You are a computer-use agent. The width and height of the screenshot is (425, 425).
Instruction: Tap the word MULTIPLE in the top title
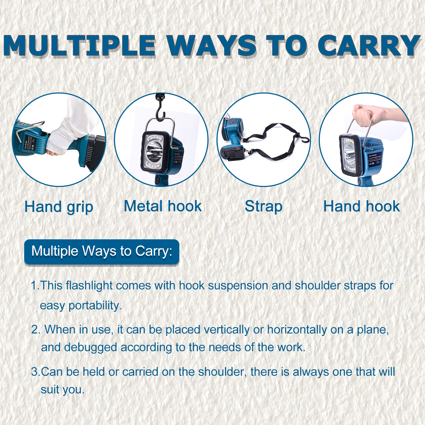(79, 46)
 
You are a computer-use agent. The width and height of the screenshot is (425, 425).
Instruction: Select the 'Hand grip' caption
(59, 207)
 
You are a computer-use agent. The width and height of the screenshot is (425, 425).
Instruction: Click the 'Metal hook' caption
(163, 206)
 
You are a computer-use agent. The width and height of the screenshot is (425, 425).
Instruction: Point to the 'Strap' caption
(263, 206)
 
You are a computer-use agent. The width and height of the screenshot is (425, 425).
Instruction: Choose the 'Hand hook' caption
(362, 206)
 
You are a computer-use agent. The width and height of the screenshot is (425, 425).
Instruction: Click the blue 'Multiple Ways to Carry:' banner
(102, 252)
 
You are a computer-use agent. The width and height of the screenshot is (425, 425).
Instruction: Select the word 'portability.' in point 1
(95, 305)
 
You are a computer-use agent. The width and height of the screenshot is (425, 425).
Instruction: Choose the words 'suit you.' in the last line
(63, 390)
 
